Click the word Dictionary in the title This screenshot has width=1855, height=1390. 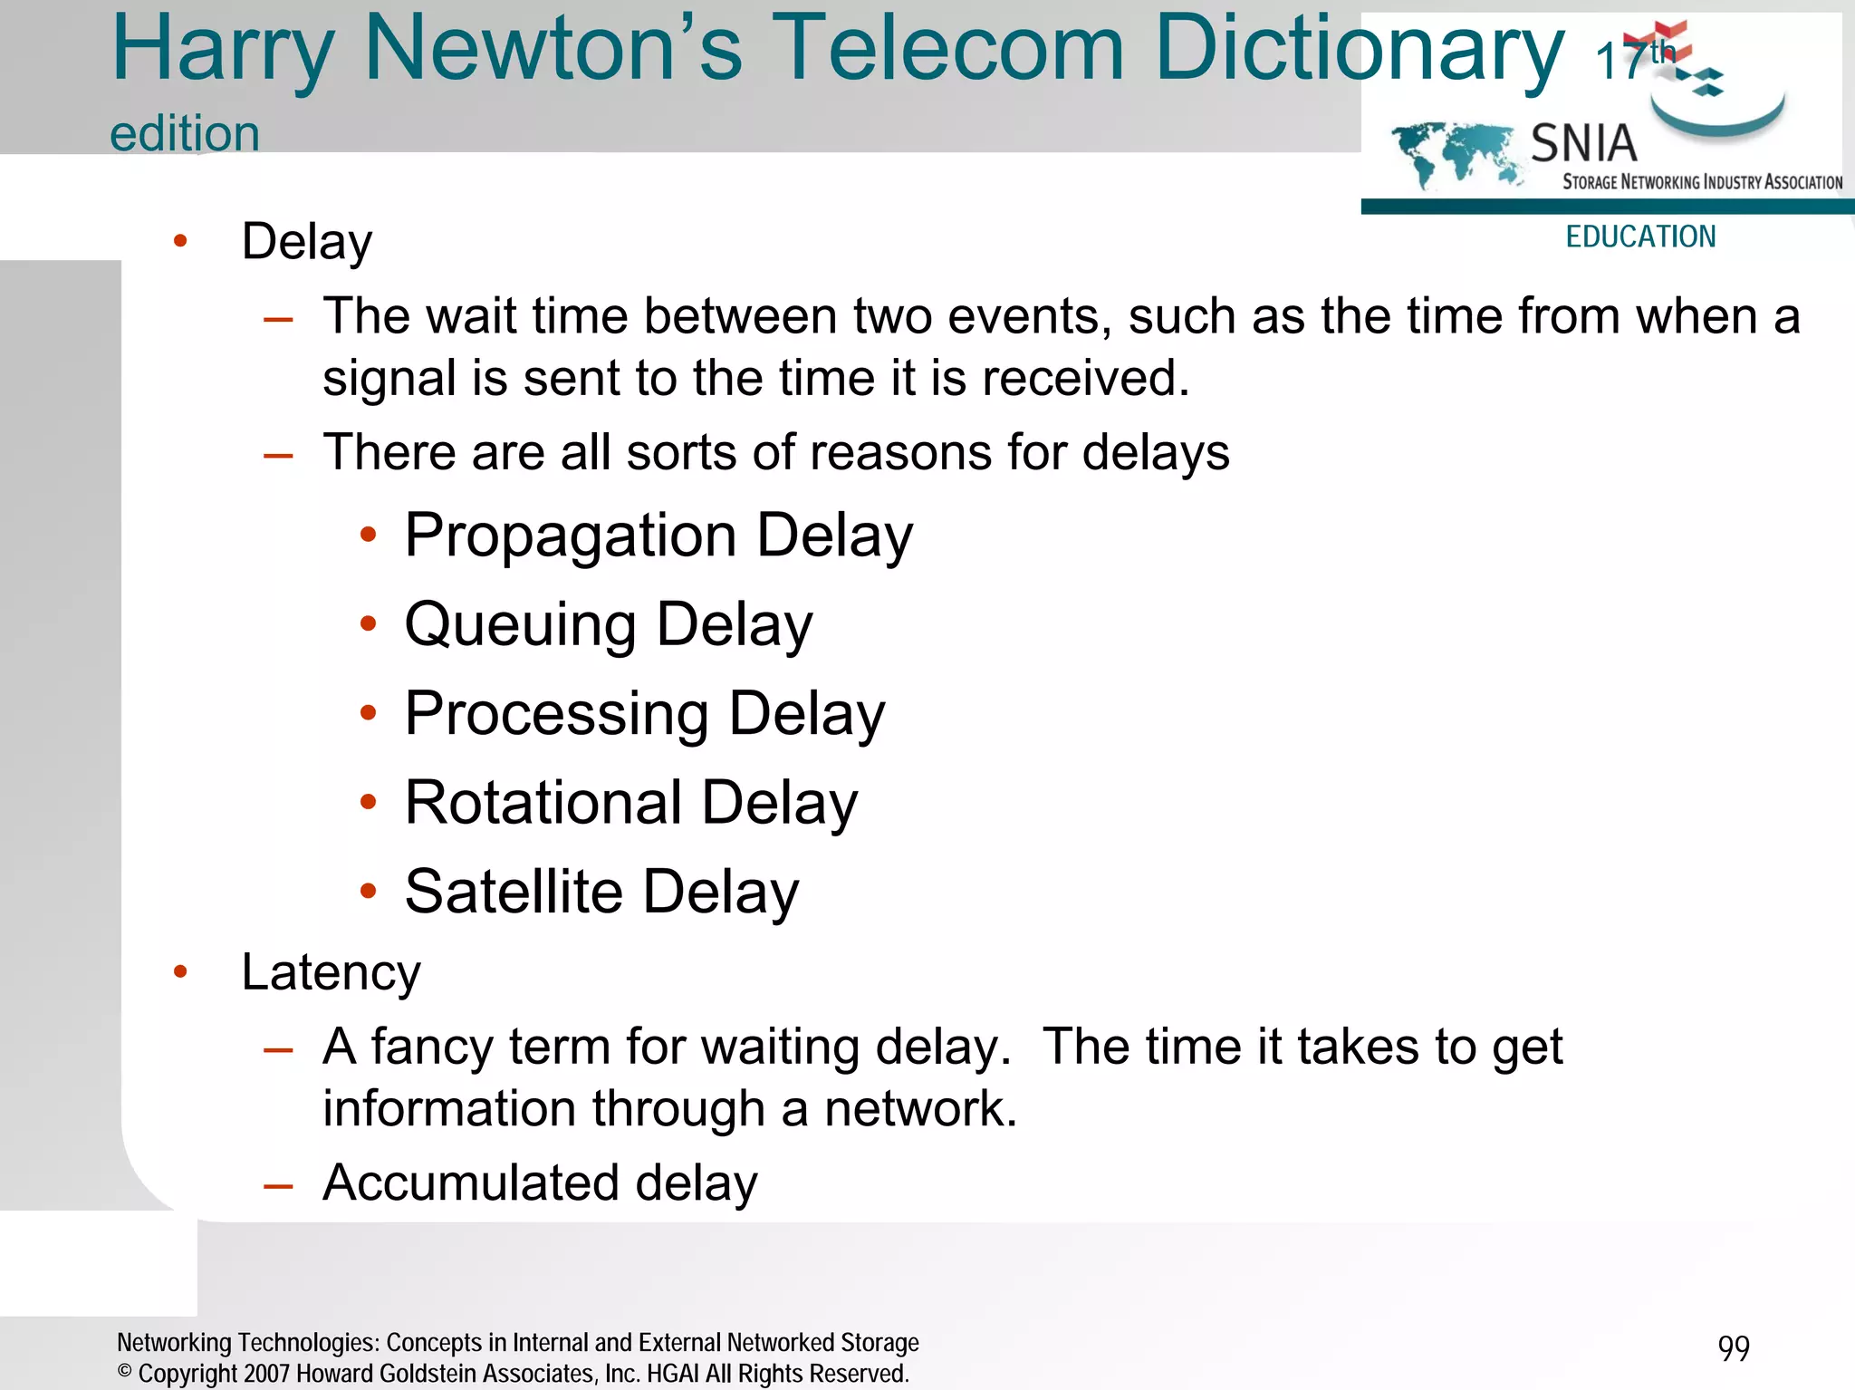coord(1359,50)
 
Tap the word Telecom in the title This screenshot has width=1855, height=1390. coord(948,50)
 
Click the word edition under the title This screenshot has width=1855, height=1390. coord(185,134)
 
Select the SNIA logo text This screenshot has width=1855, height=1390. coord(1583,144)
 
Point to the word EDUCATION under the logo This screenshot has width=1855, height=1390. coord(1640,236)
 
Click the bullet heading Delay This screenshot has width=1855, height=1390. coord(306,242)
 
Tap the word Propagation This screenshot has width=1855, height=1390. coord(570,536)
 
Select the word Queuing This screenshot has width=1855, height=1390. coord(520,625)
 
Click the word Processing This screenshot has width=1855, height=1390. coord(556,714)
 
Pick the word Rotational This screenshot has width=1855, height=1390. coord(543,803)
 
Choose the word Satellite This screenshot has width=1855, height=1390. coord(514,892)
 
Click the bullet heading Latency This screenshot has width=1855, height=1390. coord(331,973)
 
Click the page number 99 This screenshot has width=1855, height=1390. coord(1733,1348)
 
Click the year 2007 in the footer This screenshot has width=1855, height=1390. coord(266,1374)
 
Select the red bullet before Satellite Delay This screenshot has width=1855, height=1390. coord(368,892)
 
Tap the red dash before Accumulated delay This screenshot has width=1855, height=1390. coord(277,1185)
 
